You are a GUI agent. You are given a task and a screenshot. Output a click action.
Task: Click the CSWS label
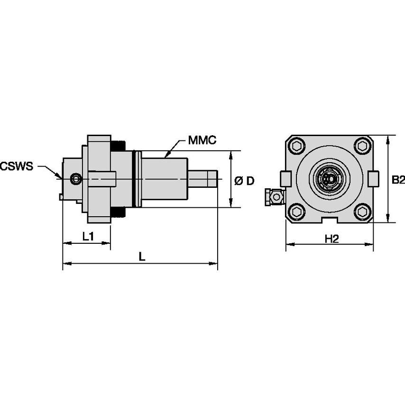[x=17, y=166]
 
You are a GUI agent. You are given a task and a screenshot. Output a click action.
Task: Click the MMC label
[x=202, y=140]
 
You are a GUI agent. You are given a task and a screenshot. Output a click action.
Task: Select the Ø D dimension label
[x=245, y=181]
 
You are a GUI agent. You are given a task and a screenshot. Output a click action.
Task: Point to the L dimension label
[x=141, y=256]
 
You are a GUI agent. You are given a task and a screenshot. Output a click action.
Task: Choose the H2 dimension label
[x=331, y=239]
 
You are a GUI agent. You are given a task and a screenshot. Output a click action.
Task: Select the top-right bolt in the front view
[x=362, y=146]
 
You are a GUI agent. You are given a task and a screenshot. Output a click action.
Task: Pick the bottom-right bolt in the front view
[x=362, y=212]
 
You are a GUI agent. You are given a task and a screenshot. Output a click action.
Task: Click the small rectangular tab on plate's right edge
[x=374, y=178]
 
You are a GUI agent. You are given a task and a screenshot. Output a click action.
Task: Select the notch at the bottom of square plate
[x=330, y=220]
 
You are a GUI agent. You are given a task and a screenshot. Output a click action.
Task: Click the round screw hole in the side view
[x=75, y=179]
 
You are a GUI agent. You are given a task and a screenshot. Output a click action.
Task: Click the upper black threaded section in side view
[x=118, y=146]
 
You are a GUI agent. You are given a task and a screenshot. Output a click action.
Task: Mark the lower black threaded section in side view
[x=118, y=213]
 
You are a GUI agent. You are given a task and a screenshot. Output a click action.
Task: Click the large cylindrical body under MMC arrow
[x=164, y=179]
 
